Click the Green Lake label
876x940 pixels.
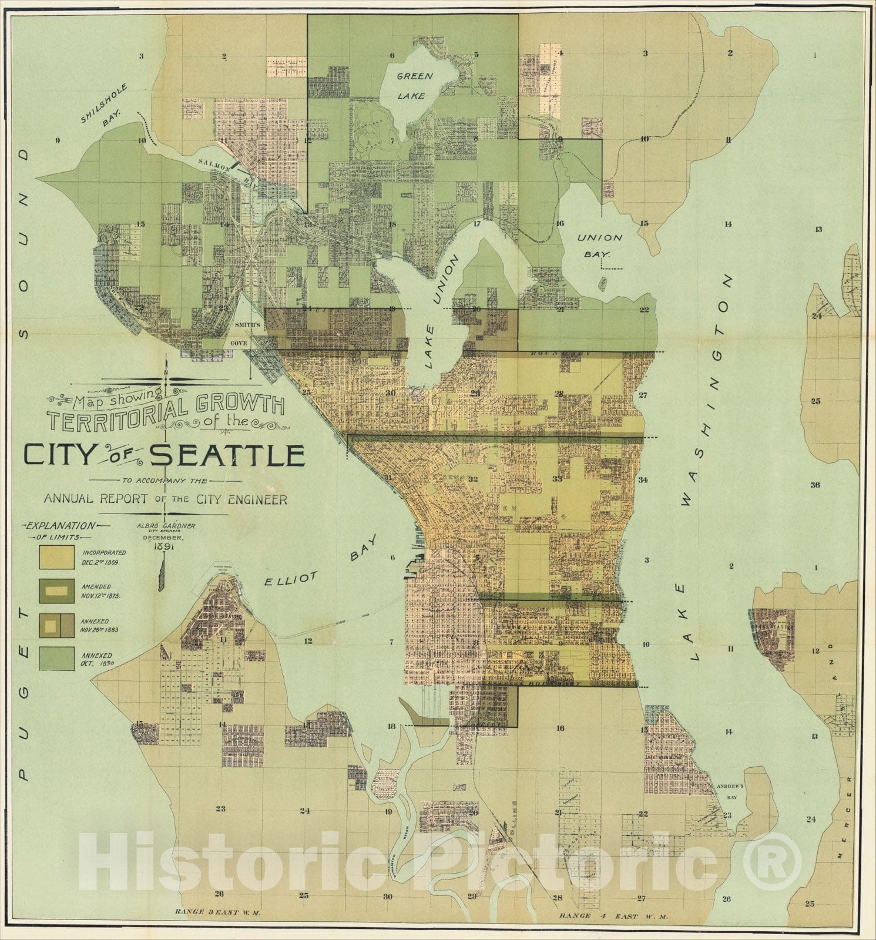pos(414,85)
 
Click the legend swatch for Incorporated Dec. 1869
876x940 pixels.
pos(56,557)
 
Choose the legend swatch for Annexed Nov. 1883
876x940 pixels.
pos(56,625)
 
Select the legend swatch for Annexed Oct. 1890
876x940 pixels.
pos(56,659)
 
